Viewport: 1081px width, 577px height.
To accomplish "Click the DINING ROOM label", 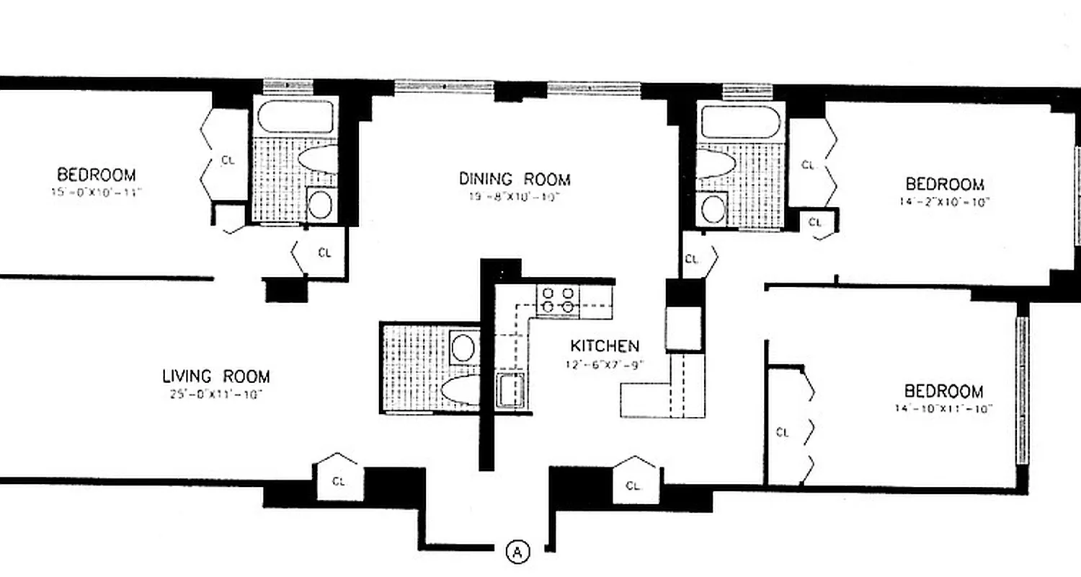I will [x=515, y=179].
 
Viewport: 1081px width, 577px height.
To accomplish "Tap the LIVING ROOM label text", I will [x=215, y=376].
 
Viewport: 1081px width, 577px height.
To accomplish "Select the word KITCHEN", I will [x=605, y=345].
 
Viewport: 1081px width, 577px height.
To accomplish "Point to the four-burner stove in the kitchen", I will [x=558, y=300].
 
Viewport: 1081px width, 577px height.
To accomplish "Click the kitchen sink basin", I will [x=510, y=390].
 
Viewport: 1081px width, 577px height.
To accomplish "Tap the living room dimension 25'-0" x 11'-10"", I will [x=215, y=395].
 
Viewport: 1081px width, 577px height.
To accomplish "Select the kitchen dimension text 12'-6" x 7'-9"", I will [x=605, y=364].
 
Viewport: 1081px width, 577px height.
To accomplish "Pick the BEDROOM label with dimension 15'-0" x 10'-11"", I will [x=96, y=175].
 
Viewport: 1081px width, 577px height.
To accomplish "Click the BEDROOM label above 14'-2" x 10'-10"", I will [x=944, y=184].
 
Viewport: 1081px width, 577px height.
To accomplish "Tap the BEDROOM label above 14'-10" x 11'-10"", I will [x=943, y=391].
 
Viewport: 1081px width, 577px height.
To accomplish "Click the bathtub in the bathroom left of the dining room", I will [x=295, y=117].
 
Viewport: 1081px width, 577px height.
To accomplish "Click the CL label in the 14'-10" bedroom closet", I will [x=783, y=433].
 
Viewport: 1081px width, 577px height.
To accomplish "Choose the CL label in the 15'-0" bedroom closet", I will [x=228, y=161].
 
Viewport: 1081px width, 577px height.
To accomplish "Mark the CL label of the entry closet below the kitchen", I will [x=633, y=485].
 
